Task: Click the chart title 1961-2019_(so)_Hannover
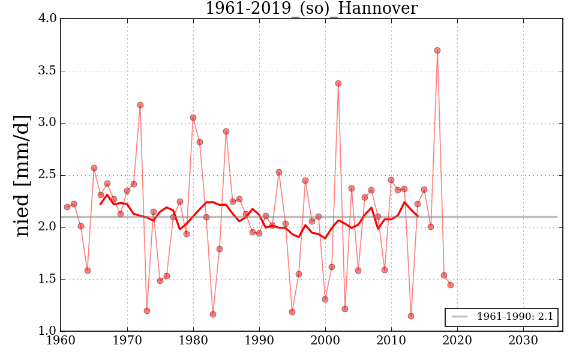click(311, 8)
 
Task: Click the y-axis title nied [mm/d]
click(23, 175)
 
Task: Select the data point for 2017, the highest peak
click(437, 50)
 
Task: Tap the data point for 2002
click(338, 83)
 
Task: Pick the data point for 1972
click(140, 105)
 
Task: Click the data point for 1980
click(193, 118)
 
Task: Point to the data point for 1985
click(226, 131)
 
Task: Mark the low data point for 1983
click(213, 314)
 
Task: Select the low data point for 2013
click(411, 316)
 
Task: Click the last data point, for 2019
click(451, 285)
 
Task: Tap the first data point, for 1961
click(67, 207)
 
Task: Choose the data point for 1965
click(94, 168)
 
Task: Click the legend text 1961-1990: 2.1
click(515, 317)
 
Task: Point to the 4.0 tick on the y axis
click(48, 19)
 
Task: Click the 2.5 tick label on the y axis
click(48, 175)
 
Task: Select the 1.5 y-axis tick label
click(48, 280)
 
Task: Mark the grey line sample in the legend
click(460, 317)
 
